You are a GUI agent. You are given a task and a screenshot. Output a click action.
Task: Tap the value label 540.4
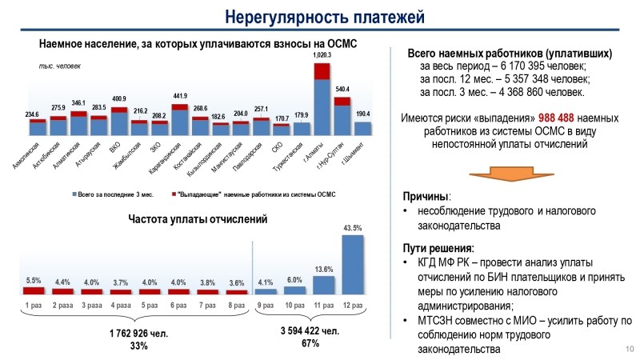click(342, 89)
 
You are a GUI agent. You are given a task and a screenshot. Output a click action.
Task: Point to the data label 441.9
click(179, 96)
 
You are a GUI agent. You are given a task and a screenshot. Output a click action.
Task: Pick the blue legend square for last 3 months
click(75, 194)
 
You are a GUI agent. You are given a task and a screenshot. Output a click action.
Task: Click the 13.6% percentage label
click(324, 269)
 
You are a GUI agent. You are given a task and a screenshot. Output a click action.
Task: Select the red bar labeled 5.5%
click(34, 290)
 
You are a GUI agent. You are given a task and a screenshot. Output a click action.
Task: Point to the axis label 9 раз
click(266, 305)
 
